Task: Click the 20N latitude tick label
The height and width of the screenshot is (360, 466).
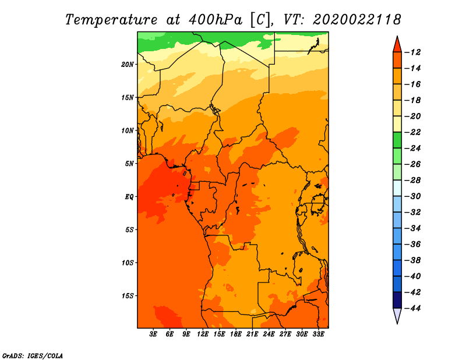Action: click(128, 65)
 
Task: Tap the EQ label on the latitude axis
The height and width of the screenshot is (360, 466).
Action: click(129, 197)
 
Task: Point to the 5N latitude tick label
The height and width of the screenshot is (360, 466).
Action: click(129, 164)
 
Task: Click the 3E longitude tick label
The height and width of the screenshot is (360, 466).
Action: click(153, 334)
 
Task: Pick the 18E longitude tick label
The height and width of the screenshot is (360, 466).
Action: click(236, 334)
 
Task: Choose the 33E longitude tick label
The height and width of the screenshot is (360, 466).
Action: click(318, 334)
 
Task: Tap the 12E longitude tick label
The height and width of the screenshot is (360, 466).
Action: click(203, 334)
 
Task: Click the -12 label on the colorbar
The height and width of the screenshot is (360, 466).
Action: click(412, 52)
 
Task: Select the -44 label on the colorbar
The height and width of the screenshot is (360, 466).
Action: click(412, 308)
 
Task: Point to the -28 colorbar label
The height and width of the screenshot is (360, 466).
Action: click(412, 181)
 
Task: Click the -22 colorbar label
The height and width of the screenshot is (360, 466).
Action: click(412, 132)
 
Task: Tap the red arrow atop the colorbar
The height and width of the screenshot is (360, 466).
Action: click(397, 45)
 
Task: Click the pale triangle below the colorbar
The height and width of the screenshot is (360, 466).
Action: click(397, 315)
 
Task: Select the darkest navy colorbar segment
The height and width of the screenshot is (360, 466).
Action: click(397, 300)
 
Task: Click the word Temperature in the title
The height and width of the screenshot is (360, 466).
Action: click(111, 20)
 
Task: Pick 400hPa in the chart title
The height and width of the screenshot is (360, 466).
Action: click(215, 20)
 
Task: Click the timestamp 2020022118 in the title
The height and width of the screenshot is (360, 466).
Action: click(357, 20)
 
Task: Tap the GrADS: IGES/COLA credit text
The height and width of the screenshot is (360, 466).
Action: click(33, 355)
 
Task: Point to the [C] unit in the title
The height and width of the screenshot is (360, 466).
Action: click(260, 20)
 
